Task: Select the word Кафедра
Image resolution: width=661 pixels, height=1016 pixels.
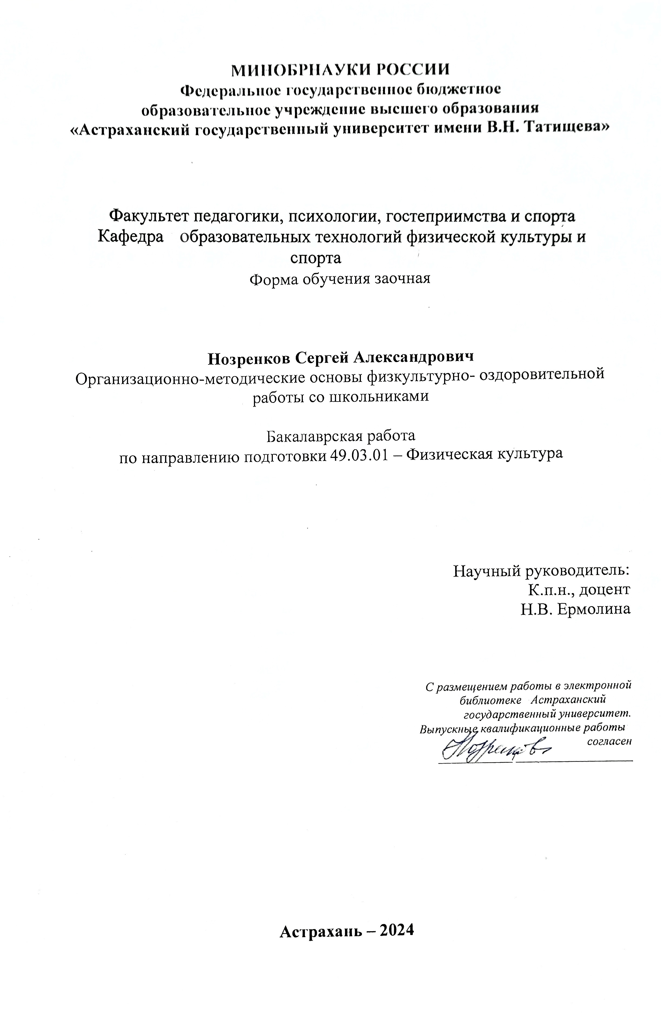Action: click(x=131, y=236)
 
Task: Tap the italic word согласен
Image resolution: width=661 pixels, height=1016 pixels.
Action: click(x=609, y=741)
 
